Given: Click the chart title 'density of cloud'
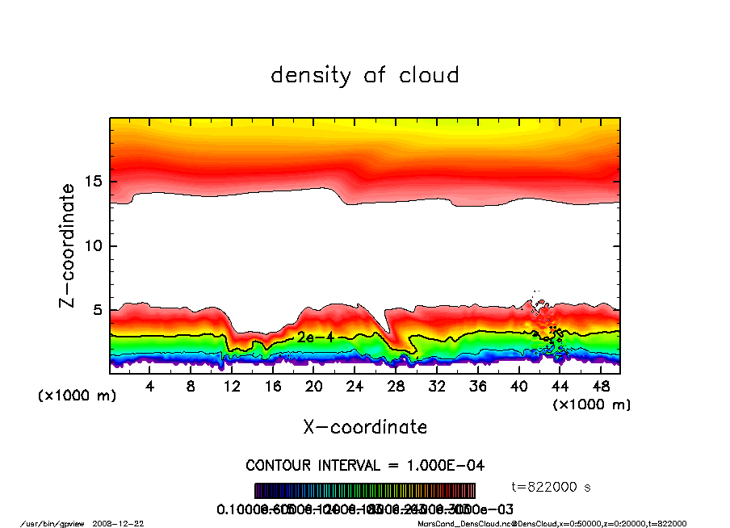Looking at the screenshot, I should [365, 76].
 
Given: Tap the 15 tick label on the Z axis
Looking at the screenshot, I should [93, 182].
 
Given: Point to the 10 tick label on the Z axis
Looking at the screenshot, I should [93, 245].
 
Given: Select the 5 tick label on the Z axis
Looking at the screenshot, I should [99, 310].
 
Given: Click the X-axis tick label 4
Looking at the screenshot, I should [150, 387].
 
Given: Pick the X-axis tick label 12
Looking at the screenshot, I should [232, 387].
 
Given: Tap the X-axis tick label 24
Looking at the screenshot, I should [355, 387].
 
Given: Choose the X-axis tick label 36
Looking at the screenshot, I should [478, 387].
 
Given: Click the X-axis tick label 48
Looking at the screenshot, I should [601, 387].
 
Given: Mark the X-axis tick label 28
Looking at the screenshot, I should [396, 387].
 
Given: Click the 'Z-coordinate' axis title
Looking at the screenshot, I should [68, 245].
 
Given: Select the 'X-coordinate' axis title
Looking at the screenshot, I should [365, 427].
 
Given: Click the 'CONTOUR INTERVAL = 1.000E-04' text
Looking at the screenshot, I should [365, 465].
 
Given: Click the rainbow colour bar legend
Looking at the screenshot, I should [365, 491].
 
